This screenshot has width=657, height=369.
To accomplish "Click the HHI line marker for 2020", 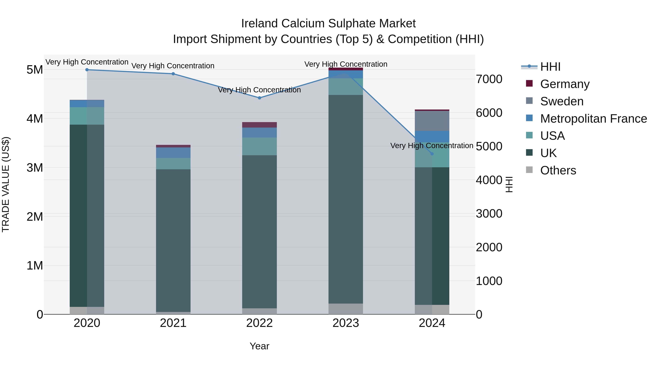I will coord(87,70).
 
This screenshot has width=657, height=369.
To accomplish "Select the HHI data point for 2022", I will coord(259,98).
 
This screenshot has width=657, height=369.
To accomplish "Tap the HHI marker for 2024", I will coord(432,154).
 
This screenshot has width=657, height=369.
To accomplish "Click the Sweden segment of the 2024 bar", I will coord(432,121).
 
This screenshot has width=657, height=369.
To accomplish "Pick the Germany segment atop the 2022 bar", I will coord(259,125).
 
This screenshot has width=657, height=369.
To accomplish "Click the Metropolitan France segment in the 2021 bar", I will coord(173,153).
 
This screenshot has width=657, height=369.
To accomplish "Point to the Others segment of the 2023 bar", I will coord(346,309).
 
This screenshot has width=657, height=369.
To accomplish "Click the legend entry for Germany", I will coord(565,84).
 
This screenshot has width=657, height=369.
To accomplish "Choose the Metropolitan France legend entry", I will coord(593,119).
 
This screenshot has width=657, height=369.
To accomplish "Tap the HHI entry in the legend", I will coord(550,67).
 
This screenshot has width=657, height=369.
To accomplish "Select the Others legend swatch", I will coord(529,170).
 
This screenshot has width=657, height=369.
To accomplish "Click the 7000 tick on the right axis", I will coord(489,79).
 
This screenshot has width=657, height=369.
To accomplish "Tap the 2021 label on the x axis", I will coord(173,323).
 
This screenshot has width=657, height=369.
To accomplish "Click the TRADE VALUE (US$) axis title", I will coord(6,185).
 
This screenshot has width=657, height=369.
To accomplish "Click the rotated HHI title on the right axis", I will coord(509,185).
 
